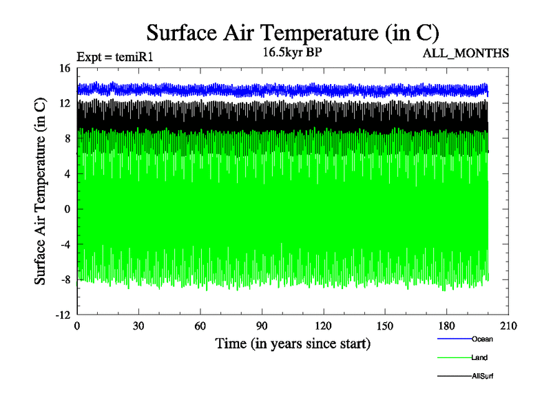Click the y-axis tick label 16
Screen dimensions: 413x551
[x=65, y=68]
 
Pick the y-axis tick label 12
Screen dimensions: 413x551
[x=65, y=103]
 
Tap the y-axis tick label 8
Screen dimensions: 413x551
[x=67, y=138]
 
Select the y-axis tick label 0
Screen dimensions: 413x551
[x=67, y=209]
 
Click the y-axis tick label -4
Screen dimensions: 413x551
[x=65, y=244]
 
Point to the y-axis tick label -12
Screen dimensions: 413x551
[x=63, y=315]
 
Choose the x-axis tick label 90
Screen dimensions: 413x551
[x=262, y=326]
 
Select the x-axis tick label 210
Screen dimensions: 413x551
[x=508, y=326]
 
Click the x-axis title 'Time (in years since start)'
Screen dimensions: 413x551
[x=293, y=343]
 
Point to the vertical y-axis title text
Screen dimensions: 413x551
[x=41, y=191]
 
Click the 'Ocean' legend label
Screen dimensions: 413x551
[x=482, y=339]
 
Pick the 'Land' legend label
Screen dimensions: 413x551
[x=480, y=357]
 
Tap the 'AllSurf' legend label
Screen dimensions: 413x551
[x=483, y=376]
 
